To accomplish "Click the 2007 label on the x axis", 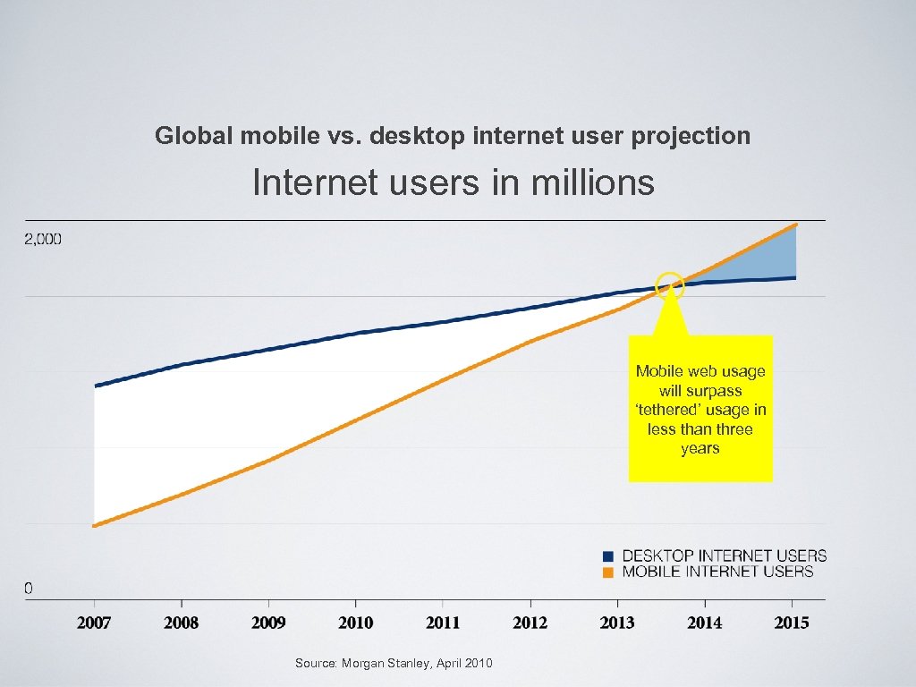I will pos(94,623).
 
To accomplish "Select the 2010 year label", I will pos(356,623).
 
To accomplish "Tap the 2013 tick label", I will pos(617,623).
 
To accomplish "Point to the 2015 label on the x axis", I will pos(791,623).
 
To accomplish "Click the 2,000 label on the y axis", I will pos(43,239).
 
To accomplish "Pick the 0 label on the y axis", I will pos(29,588).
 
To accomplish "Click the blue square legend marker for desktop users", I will pos(608,556).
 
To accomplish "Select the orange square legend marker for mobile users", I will pos(608,572).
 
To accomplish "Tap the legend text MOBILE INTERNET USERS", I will pos(717,572).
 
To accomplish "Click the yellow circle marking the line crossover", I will pos(670,286).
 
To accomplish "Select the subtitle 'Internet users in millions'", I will pos(454,183).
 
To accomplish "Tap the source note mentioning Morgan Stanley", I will pos(394,663).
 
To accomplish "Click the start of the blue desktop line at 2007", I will pos(96,386).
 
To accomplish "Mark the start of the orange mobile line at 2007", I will pos(96,525).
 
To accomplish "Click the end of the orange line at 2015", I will pos(794,226).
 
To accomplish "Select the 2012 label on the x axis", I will pos(530,623).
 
